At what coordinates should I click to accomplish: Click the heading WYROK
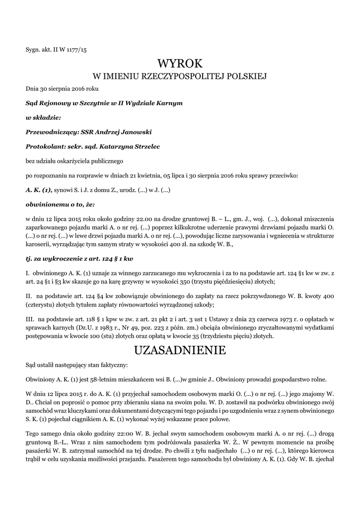pos(180,63)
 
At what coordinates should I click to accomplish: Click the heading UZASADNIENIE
pos(180,350)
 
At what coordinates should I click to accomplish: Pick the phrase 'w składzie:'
pos(43,118)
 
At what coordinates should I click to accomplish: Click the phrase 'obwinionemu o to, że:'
pos(60,204)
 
